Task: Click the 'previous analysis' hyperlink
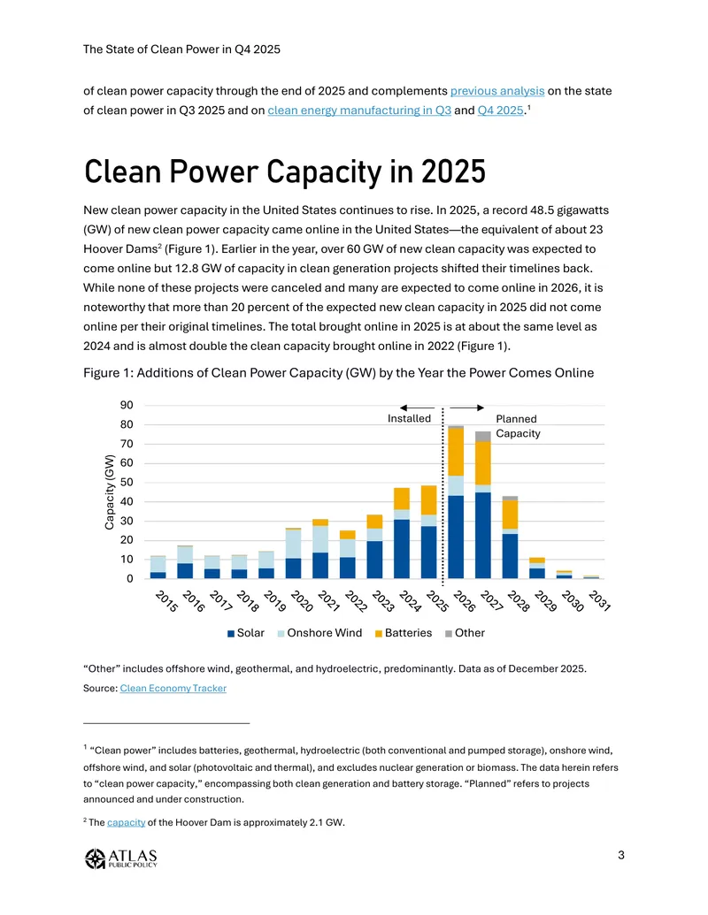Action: pos(497,91)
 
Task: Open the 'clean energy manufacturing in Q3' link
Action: pos(359,111)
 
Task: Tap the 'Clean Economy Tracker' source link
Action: pos(173,688)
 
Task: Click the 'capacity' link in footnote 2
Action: pos(127,822)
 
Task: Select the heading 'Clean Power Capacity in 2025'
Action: pos(284,172)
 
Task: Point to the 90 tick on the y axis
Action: pos(127,405)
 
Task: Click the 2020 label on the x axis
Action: pos(302,600)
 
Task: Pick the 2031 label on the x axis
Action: pos(599,600)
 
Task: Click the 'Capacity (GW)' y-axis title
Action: pos(109,492)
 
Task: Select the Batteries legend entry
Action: pos(404,633)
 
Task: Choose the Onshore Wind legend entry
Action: pos(319,633)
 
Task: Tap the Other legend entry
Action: pos(465,633)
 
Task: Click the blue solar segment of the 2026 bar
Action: pos(456,537)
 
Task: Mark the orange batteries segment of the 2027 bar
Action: pos(483,462)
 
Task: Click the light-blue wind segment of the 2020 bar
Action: pos(293,544)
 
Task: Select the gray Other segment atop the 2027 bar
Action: pos(483,437)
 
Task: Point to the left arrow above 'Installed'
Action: pos(417,408)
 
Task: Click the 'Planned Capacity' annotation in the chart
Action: pos(518,426)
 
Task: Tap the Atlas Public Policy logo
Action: pos(121,858)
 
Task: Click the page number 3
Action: pos(621,855)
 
